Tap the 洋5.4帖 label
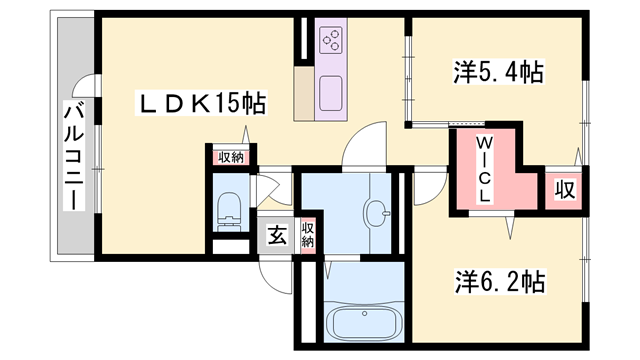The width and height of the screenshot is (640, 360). [497, 72]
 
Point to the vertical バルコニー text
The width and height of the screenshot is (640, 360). [72, 155]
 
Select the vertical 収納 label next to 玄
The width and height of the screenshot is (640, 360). [309, 235]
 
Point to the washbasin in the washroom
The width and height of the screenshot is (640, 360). [379, 212]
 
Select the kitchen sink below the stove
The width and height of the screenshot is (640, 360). [331, 95]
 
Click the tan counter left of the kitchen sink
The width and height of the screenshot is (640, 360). [304, 95]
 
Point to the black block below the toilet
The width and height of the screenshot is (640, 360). [231, 243]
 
